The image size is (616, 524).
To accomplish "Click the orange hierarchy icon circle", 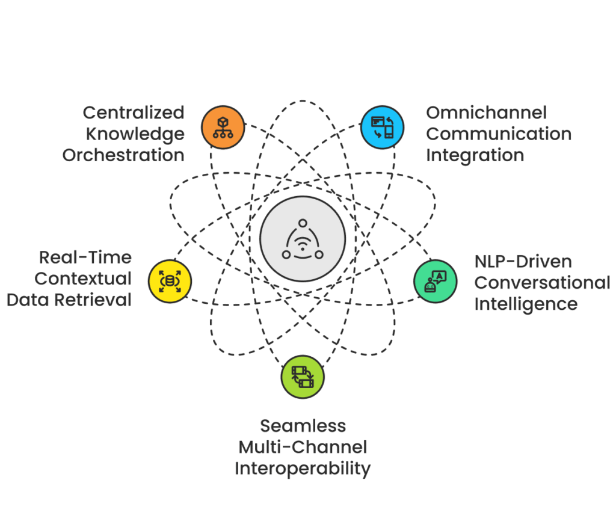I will (223, 128).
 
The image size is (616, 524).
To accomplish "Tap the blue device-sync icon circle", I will (382, 128).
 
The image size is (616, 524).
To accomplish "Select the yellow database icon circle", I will (170, 281).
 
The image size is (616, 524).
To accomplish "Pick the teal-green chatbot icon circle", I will (435, 281).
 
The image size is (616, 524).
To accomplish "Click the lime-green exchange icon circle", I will (303, 377).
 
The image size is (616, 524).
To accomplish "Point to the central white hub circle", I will (303, 239).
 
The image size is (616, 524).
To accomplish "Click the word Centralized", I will (134, 113).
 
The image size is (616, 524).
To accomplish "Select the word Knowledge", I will (135, 134).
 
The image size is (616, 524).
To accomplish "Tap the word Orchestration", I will (125, 155).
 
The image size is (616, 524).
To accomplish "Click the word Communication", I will (499, 134).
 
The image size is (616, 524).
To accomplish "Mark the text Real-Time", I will (85, 257).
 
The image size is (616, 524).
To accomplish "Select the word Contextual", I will (84, 279).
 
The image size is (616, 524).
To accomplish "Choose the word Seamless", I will (303, 426).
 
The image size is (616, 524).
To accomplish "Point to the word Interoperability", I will (303, 468).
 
